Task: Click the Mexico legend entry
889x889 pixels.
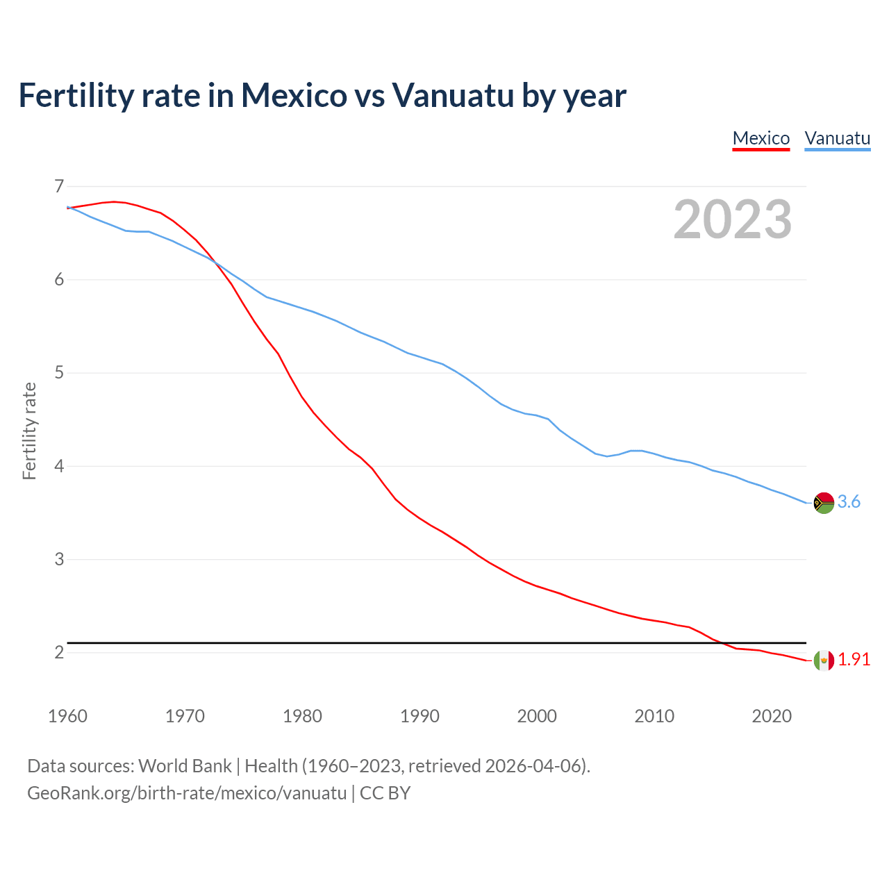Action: (x=761, y=138)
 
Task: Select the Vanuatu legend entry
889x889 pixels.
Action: (x=837, y=138)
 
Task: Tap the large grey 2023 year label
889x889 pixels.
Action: (x=733, y=219)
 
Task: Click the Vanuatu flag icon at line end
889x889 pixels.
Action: (x=824, y=502)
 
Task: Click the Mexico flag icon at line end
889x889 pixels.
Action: (x=824, y=660)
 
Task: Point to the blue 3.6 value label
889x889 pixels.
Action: (x=849, y=501)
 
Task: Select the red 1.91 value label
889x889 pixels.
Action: (x=854, y=659)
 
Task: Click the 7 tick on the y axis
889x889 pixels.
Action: (x=58, y=186)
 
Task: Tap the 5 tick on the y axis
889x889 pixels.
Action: (x=58, y=373)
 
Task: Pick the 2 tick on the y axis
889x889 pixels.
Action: (x=58, y=652)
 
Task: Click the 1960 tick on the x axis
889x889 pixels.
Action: (x=67, y=716)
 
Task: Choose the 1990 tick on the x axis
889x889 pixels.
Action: (x=419, y=716)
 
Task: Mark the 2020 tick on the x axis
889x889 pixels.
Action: (x=772, y=716)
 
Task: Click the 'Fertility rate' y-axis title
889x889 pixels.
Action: (x=29, y=431)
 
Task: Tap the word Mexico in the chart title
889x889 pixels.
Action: (x=293, y=95)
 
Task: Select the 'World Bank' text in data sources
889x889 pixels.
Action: (x=185, y=766)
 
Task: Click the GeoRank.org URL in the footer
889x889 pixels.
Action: (x=186, y=793)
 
